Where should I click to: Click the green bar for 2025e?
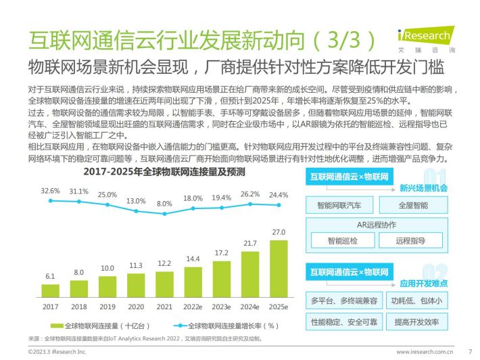(x=279, y=269)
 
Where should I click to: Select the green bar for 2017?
(x=51, y=291)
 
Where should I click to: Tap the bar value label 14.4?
(x=193, y=259)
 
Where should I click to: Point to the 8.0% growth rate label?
(x=164, y=204)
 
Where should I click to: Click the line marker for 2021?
(x=165, y=214)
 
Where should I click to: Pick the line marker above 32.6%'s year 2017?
(x=51, y=201)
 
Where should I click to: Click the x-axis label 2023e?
(x=221, y=307)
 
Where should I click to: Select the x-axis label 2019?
(x=107, y=307)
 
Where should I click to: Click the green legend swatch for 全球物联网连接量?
(x=57, y=325)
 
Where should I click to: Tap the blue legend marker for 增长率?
(x=181, y=325)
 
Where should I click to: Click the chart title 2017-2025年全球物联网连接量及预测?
(x=164, y=172)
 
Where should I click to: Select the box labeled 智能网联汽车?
(x=339, y=205)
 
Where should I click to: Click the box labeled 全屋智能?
(x=413, y=205)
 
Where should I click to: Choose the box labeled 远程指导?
(x=410, y=240)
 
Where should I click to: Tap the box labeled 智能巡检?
(x=343, y=240)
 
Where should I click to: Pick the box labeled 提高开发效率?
(x=416, y=321)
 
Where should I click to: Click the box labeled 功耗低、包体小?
(x=416, y=300)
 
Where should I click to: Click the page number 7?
(x=471, y=351)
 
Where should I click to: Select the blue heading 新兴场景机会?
(x=423, y=188)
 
